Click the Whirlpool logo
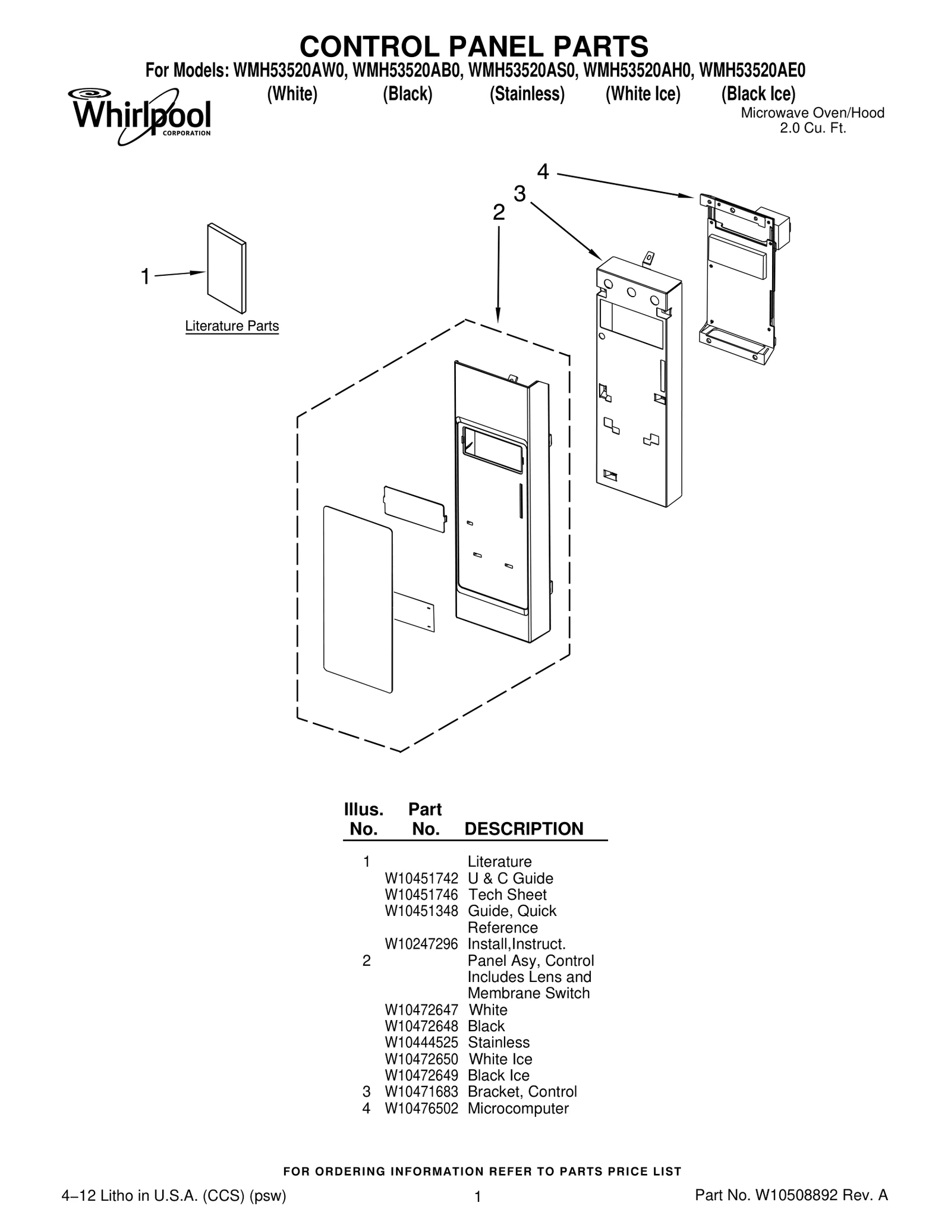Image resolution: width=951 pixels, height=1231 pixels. tap(139, 117)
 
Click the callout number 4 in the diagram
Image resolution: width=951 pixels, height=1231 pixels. tap(543, 172)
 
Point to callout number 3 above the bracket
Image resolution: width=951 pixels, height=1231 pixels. tap(519, 194)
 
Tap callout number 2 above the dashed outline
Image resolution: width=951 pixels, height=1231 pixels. tap(499, 212)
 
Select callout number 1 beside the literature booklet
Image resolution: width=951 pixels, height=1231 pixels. tap(145, 276)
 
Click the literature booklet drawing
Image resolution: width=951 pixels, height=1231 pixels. tap(226, 268)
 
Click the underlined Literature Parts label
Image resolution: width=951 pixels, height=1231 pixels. tap(232, 326)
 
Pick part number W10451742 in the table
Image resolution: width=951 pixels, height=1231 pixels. tap(421, 879)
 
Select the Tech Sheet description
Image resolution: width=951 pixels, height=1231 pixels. tap(507, 895)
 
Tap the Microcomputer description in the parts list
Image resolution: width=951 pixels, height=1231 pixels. tap(518, 1109)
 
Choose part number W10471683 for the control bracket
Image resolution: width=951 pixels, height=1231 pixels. tap(421, 1092)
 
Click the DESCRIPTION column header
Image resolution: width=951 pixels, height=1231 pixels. tap(524, 829)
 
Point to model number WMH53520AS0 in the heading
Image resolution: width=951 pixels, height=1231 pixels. tap(522, 71)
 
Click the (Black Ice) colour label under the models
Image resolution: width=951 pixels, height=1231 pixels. tap(758, 94)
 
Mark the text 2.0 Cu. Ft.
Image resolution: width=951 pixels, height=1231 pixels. tap(813, 128)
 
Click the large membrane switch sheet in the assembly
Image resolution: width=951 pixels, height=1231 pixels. tap(358, 599)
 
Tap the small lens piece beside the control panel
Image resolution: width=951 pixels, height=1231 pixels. tap(415, 509)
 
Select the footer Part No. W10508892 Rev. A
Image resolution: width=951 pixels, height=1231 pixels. tap(791, 1195)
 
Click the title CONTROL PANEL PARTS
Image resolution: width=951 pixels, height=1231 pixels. tap(474, 46)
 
